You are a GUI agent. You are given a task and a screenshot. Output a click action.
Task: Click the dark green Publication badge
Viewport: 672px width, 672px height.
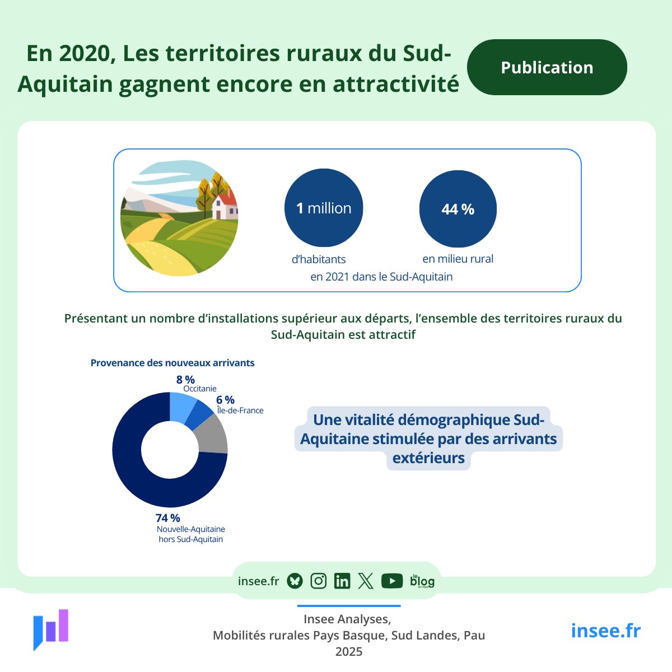[x=547, y=67]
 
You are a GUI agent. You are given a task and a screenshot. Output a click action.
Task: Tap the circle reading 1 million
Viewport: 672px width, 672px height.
[x=324, y=208]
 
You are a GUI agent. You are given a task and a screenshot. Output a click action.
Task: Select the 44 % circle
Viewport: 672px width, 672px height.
[x=458, y=209]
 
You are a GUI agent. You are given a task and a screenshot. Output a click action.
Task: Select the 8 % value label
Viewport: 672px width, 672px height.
[x=185, y=380]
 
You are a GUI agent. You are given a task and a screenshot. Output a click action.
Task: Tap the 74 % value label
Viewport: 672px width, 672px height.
[x=168, y=518]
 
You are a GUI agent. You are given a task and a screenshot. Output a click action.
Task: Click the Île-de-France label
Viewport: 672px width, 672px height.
[x=240, y=410]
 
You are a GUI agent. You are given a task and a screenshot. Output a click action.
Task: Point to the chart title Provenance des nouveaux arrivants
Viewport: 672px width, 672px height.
[x=172, y=363]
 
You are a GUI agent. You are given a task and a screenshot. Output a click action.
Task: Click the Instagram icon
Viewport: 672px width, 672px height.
[x=318, y=581]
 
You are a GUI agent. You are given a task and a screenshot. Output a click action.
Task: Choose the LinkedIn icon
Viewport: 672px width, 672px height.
[x=342, y=581]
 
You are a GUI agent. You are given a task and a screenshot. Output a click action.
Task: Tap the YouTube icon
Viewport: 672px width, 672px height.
[x=392, y=581]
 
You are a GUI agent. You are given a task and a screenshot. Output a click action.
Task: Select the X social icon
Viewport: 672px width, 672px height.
[x=366, y=581]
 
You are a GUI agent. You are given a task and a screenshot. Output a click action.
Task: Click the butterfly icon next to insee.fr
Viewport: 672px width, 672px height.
[x=295, y=581]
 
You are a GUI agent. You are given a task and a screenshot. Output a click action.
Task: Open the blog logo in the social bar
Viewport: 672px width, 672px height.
[x=422, y=581]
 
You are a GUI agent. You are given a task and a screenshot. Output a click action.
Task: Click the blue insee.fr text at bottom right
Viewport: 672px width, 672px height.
[x=605, y=631]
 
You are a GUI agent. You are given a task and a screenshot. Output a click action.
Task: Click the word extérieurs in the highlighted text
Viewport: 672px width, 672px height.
[x=428, y=458]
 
